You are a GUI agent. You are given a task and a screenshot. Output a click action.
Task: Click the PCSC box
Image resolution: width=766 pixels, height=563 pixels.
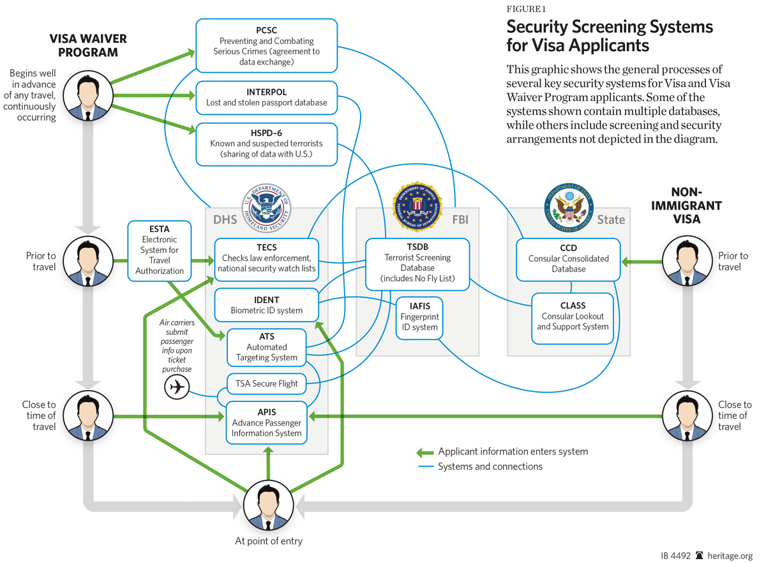pos(266,45)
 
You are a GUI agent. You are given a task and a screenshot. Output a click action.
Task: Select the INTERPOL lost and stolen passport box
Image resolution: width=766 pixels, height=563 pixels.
pos(266,97)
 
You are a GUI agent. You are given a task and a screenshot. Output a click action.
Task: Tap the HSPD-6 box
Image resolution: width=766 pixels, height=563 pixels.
pos(266,144)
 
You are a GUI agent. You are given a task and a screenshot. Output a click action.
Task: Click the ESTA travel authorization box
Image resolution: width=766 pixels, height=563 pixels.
pos(160,250)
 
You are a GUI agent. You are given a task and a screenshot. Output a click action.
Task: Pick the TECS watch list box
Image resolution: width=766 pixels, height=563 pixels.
pos(266,258)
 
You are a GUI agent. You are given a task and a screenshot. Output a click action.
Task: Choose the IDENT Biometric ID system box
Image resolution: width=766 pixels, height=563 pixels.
pos(266,305)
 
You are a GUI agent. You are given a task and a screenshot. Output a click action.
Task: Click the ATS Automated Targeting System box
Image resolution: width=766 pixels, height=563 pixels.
pos(266,347)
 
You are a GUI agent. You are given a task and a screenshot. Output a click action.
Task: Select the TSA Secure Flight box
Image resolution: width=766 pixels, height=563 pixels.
pos(266,384)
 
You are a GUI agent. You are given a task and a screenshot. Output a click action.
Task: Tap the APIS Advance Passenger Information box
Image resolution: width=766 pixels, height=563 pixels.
pos(266,422)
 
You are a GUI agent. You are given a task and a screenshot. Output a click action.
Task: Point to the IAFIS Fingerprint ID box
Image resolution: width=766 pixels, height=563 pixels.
pos(419,317)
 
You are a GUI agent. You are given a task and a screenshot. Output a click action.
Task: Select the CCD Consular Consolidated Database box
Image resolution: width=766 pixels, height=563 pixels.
pos(568,259)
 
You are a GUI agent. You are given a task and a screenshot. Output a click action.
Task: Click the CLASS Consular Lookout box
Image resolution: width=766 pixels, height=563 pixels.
pos(573,316)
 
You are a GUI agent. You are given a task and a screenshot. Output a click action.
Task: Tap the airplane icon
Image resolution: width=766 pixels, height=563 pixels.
pos(177,387)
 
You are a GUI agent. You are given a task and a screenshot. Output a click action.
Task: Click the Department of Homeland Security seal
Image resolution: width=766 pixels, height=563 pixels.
pos(266,208)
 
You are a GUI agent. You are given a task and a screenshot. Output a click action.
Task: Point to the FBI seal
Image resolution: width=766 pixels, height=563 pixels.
pos(417,206)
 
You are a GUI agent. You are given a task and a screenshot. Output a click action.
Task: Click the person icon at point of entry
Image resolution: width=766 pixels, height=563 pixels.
pos(268,505)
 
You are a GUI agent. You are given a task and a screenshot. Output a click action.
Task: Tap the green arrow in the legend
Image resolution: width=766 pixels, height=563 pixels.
pos(424,452)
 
